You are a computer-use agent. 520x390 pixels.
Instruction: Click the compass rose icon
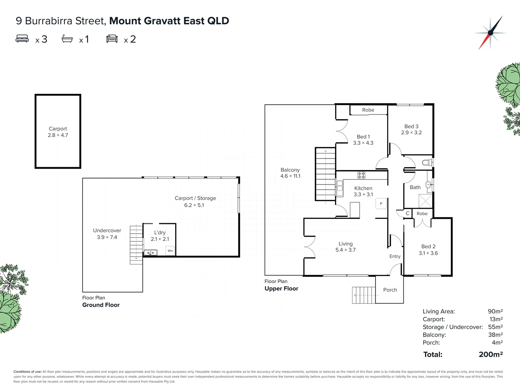coord(490,33)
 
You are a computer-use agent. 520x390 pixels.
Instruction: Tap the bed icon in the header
coord(22,39)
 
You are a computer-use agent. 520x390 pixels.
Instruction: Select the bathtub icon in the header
coord(67,39)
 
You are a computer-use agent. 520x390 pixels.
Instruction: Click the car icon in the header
coord(112,39)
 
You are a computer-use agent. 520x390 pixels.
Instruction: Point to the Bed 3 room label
coord(411,129)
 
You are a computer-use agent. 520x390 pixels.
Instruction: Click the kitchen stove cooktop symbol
coord(361,175)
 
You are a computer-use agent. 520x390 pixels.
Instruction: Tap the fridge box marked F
coord(381,204)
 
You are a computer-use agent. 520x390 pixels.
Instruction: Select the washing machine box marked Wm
coord(170,251)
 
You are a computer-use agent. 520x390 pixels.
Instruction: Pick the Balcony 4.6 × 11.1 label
coord(290,173)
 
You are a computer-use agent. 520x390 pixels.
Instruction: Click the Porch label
coord(390,290)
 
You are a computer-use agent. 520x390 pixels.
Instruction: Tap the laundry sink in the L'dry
coord(151,253)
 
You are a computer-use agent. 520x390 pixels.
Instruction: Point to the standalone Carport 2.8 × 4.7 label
coord(58,132)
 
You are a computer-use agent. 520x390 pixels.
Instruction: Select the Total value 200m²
coord(491,355)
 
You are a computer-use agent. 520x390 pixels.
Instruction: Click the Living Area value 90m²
coord(495,311)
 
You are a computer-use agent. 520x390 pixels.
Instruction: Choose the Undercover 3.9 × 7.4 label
coord(107,234)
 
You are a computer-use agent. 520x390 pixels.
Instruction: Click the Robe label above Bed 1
coord(368,110)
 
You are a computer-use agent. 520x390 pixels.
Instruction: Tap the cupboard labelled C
coord(407,213)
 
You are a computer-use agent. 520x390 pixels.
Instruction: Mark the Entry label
coord(395,256)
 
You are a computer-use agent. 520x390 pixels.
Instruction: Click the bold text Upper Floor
coord(281,289)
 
